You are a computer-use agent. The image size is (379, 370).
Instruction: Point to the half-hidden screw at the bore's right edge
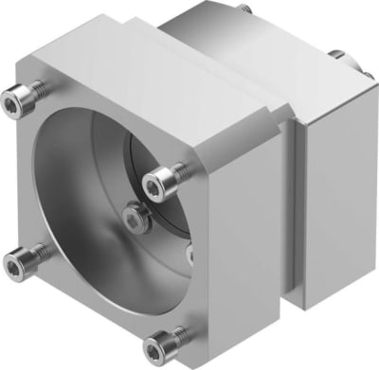click(x=189, y=254)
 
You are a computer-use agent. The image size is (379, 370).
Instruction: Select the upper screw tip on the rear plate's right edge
click(x=336, y=54)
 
